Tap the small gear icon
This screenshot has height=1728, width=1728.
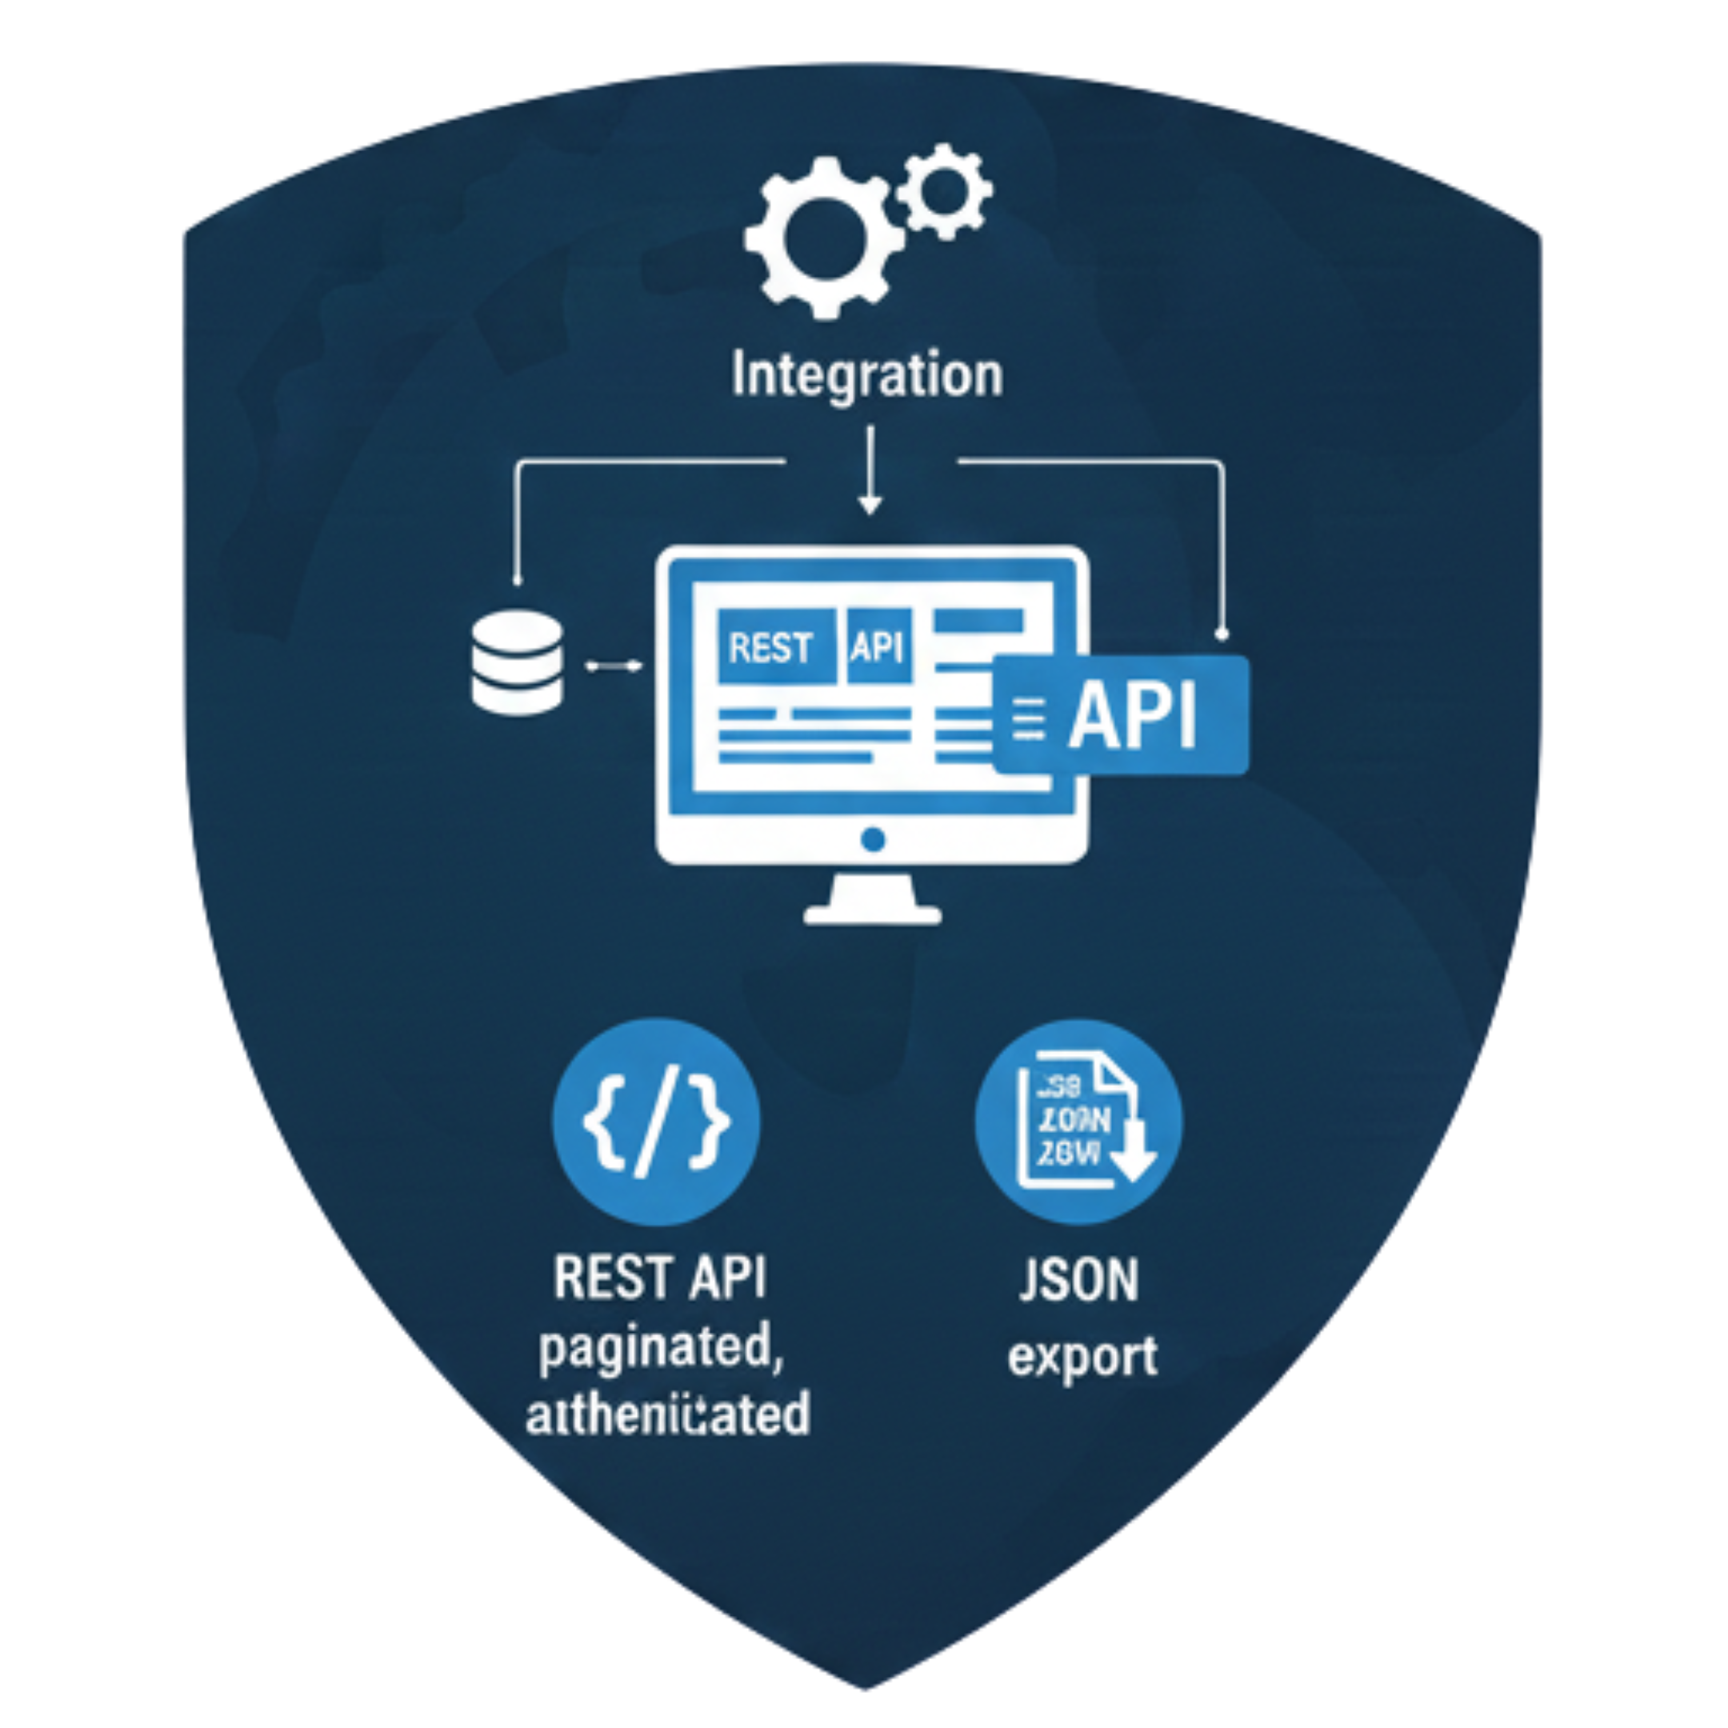point(945,190)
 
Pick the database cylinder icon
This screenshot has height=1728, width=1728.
point(517,666)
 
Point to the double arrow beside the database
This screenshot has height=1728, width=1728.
point(614,666)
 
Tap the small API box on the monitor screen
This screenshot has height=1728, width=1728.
point(878,646)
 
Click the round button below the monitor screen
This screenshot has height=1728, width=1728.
point(873,839)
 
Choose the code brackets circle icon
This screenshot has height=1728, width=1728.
point(657,1122)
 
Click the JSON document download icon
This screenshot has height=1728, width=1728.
point(1078,1122)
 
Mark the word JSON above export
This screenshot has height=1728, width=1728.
point(1078,1281)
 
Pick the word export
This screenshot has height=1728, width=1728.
point(1082,1356)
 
